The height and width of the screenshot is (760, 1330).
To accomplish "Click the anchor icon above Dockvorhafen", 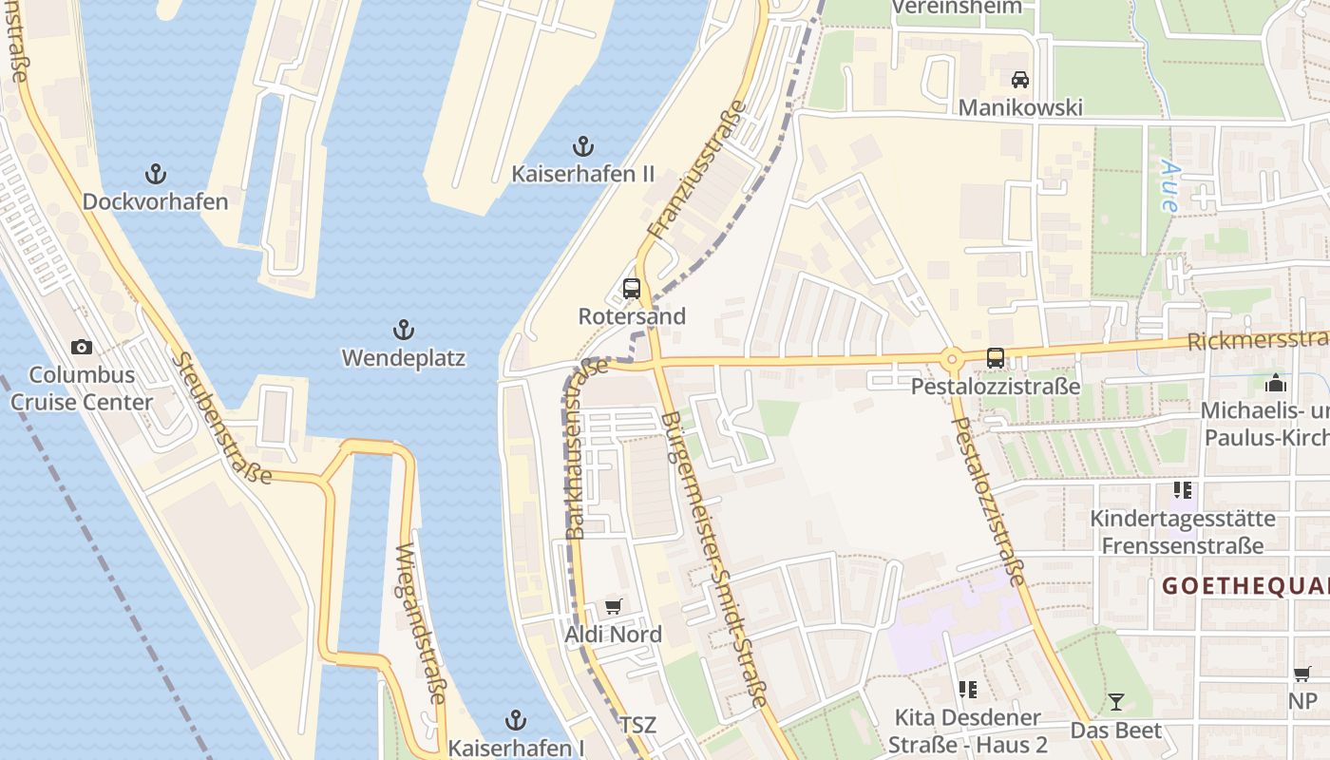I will (155, 174).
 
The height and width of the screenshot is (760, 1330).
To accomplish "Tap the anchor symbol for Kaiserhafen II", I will (583, 146).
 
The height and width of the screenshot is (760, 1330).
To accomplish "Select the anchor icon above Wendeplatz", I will (404, 331).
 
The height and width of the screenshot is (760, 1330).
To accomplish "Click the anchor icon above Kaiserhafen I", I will (516, 720).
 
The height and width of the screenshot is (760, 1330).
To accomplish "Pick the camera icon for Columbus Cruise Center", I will (82, 347).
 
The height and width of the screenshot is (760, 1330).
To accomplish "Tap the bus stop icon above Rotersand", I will (632, 289).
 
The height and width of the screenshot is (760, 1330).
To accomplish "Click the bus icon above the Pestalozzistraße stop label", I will (996, 358).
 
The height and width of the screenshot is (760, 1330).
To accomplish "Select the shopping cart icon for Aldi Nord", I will (614, 606).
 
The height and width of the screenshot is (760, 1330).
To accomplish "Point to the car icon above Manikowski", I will (1020, 79).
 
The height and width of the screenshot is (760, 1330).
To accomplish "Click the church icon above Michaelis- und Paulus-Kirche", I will (1276, 383).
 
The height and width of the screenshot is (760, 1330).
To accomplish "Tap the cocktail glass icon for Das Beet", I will (1116, 702).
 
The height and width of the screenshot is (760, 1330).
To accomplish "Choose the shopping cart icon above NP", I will (1302, 674).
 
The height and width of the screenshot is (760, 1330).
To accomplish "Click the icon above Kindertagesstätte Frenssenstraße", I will (1182, 490).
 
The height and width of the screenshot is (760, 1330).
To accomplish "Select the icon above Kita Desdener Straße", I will (968, 689).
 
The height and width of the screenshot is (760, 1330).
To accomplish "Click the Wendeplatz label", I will (404, 358).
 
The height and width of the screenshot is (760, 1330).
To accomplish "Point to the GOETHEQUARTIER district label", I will (1245, 586).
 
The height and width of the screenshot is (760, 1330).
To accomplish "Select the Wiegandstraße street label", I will (420, 623).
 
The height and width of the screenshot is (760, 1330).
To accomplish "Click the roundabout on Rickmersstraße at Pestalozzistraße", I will (951, 359).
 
